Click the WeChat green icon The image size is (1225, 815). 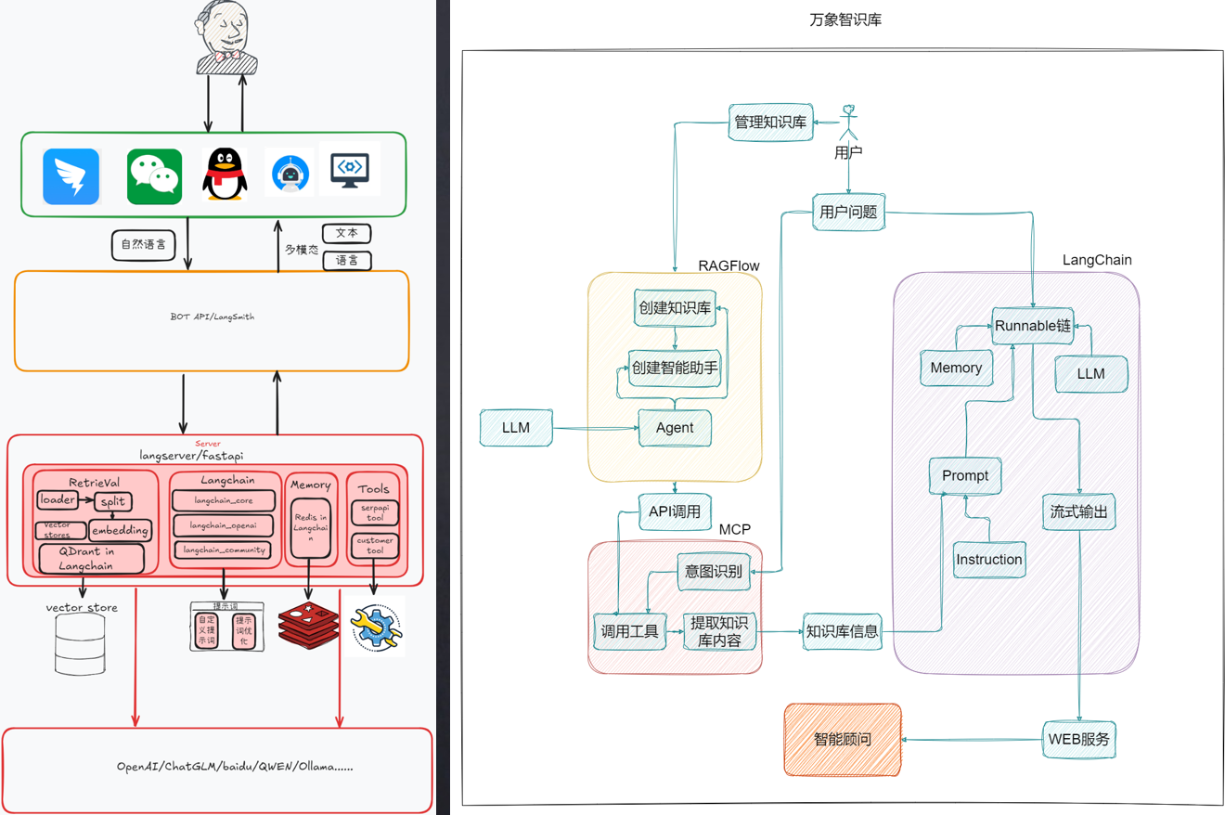coord(154,175)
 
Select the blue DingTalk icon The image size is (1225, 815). coord(71,175)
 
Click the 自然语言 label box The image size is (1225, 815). coord(143,244)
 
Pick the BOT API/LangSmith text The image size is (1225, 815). coord(212,317)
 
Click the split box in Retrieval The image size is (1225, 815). coord(112,501)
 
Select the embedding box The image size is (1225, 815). coord(120,530)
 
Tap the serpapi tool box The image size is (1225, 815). coord(374,512)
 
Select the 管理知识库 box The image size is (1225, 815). coord(770,122)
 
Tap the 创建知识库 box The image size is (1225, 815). coord(674,308)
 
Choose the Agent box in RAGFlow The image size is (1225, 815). coord(675,428)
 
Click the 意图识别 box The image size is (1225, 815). coord(713,571)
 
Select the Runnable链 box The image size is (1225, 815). coord(1032,326)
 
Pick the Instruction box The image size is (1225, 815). coord(989,559)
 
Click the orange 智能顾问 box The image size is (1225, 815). coord(843,739)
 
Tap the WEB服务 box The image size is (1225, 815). coord(1079,740)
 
